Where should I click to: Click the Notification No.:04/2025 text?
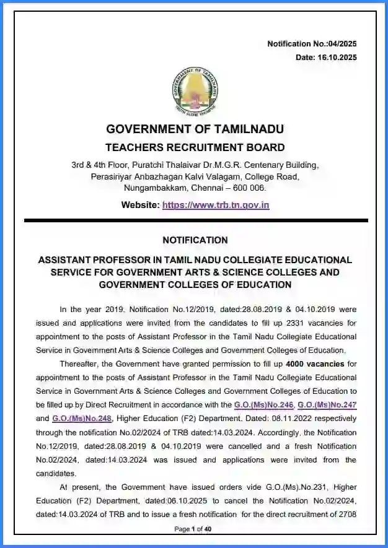[312, 44]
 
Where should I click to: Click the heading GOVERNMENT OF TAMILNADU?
[195, 129]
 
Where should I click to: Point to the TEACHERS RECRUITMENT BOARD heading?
[195, 147]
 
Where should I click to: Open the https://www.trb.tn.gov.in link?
[216, 205]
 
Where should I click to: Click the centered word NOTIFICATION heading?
[195, 240]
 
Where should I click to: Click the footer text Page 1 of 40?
[193, 529]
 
